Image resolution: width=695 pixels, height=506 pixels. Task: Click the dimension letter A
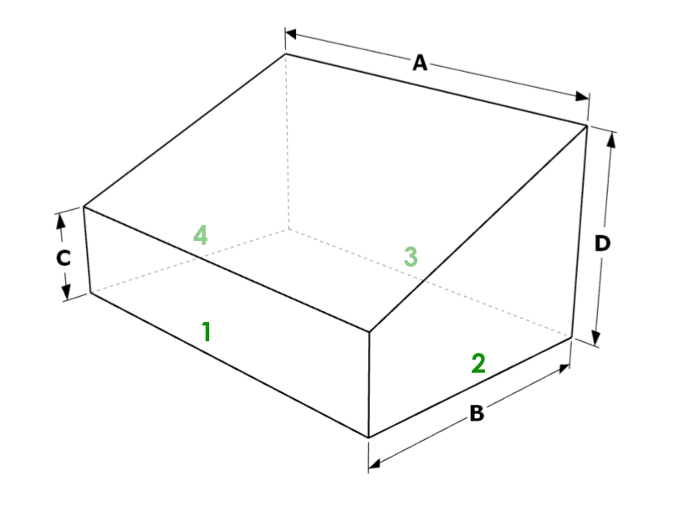click(420, 63)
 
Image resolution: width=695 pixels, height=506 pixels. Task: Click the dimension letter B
click(477, 413)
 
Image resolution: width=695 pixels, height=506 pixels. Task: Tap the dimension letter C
click(64, 258)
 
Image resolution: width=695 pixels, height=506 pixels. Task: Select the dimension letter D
click(602, 243)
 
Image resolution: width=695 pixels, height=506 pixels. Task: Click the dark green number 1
click(206, 331)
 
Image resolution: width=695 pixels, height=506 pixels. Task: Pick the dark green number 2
click(478, 363)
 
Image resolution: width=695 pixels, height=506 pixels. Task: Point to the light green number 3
click(411, 257)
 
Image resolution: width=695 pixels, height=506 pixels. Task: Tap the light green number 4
click(201, 235)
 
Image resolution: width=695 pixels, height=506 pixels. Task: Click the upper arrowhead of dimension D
click(611, 140)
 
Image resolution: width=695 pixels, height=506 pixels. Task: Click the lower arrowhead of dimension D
click(596, 337)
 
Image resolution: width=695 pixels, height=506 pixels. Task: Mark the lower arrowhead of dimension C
click(66, 291)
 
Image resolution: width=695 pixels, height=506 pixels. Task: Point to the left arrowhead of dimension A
click(292, 33)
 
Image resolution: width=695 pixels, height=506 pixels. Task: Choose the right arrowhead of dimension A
click(582, 96)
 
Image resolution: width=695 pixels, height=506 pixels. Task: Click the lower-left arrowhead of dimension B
click(375, 464)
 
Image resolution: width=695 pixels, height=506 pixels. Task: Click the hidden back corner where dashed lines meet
click(289, 229)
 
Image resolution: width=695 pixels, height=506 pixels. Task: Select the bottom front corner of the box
click(369, 437)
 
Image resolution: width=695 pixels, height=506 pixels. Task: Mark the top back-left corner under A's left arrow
click(286, 54)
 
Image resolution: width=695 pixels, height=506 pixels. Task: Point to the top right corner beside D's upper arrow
click(587, 126)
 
